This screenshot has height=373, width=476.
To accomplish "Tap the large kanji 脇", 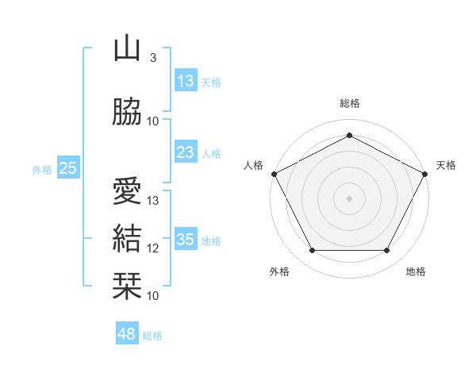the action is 127,111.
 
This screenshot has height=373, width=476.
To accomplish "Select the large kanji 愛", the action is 127,190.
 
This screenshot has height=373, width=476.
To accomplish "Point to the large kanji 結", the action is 127,238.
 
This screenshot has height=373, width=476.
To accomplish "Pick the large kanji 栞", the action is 127,286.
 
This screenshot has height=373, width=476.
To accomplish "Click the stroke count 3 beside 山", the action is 153,58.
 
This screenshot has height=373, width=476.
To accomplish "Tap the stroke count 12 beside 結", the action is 152,248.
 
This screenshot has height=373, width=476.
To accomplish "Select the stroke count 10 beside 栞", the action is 152,296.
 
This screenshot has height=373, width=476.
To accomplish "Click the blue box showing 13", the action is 186,80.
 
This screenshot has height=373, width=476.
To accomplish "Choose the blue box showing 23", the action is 186,152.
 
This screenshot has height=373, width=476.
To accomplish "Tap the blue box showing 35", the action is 186,238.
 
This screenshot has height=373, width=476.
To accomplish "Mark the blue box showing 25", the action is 68,167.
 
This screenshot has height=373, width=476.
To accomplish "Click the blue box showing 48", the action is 127,333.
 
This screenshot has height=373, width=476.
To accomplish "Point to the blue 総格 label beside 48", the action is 152,336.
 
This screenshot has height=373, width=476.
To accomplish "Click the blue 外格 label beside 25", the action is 42,170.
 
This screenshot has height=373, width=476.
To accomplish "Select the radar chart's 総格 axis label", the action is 350,103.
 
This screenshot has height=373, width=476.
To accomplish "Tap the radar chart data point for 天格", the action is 425,174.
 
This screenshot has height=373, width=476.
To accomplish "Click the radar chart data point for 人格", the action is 274,174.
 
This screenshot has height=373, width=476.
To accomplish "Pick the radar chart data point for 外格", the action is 313,251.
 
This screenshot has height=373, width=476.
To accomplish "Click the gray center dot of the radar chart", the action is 349,198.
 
